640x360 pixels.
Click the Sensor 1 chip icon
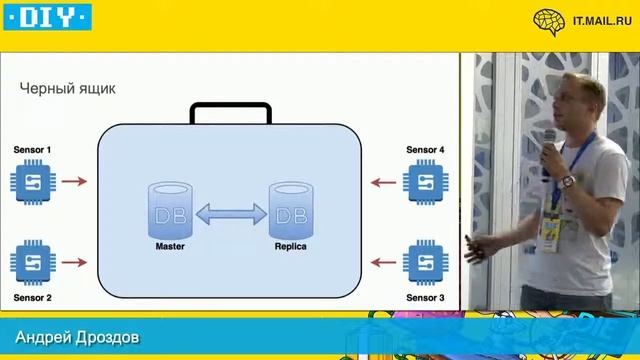pyautogui.click(x=33, y=182)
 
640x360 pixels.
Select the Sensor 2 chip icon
pyautogui.click(x=33, y=264)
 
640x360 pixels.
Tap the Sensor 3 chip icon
pyautogui.click(x=424, y=264)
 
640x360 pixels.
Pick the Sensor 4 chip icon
pyautogui.click(x=424, y=182)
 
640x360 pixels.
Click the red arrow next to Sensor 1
pyautogui.click(x=74, y=182)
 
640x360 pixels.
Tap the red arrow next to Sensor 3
pyautogui.click(x=382, y=264)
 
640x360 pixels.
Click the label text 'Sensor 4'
pyautogui.click(x=425, y=150)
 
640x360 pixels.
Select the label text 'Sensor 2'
pyautogui.click(x=33, y=298)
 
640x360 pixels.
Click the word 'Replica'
pyautogui.click(x=290, y=246)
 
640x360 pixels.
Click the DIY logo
pyautogui.click(x=47, y=16)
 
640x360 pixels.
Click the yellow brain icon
pyautogui.click(x=548, y=19)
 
